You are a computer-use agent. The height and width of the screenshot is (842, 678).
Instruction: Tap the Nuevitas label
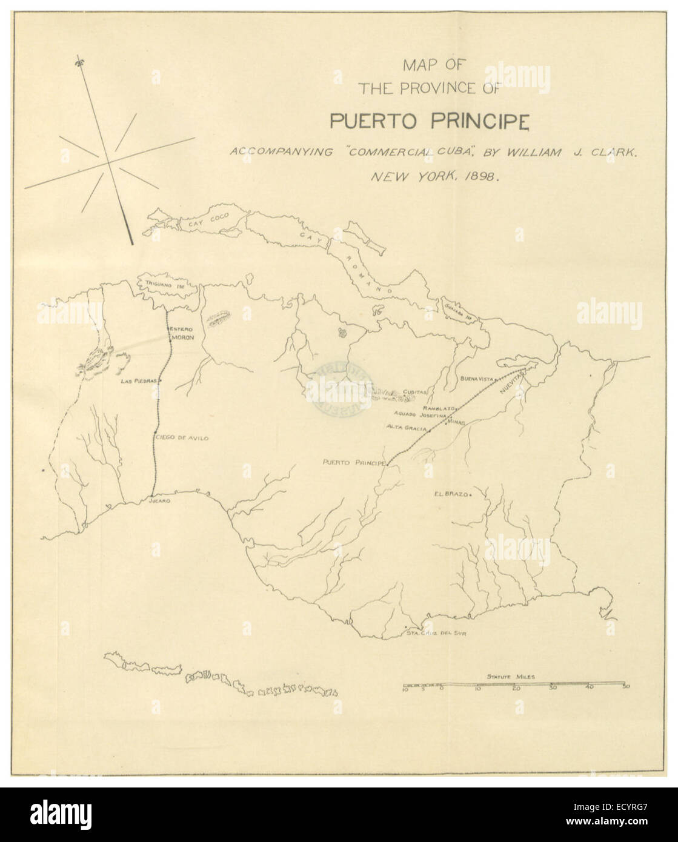coord(510,386)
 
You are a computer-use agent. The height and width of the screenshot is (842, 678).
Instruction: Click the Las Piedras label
coord(139,381)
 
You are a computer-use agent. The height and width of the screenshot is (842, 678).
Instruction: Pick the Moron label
coord(184,337)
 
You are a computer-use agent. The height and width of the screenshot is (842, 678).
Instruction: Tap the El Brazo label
coord(448,494)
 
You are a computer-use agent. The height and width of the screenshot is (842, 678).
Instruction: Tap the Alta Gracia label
coord(407,428)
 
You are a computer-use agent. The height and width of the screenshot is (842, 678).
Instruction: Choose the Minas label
coord(456,422)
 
